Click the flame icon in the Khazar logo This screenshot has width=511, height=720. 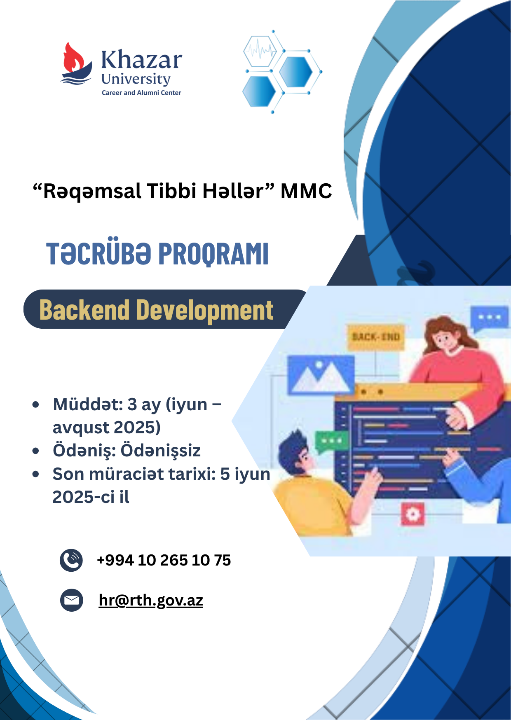(x=74, y=58)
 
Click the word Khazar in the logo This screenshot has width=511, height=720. (x=141, y=60)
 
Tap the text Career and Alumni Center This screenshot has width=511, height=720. (x=141, y=93)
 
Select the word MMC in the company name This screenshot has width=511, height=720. (x=306, y=191)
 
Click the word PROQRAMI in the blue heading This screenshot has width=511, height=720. (x=213, y=253)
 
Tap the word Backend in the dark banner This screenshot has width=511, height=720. (x=84, y=310)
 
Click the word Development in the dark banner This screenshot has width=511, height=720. (x=205, y=311)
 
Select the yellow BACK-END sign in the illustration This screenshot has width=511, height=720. (x=375, y=337)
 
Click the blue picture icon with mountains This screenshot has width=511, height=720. (x=321, y=375)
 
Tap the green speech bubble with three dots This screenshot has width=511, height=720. (x=331, y=442)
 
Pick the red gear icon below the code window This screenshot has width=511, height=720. (x=413, y=514)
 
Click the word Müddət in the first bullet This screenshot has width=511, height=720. (x=88, y=404)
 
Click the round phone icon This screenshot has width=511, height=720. (x=71, y=560)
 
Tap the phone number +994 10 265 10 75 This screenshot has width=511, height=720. (x=164, y=560)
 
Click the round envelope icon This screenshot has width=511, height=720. (x=71, y=600)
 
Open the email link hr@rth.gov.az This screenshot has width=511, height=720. (x=151, y=601)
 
